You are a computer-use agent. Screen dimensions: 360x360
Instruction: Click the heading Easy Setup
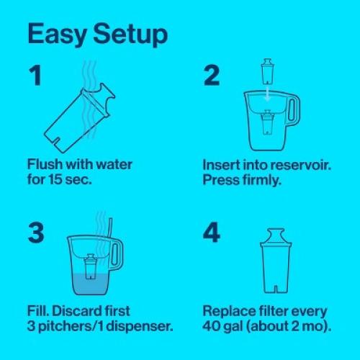pyautogui.click(x=97, y=35)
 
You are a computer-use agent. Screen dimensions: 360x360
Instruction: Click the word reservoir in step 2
pyautogui.click(x=292, y=165)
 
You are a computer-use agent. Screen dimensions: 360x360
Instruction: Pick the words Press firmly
pyautogui.click(x=243, y=179)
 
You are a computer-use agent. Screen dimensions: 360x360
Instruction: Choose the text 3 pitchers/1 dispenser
pyautogui.click(x=91, y=326)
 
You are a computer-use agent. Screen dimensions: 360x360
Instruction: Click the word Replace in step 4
pyautogui.click(x=230, y=312)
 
